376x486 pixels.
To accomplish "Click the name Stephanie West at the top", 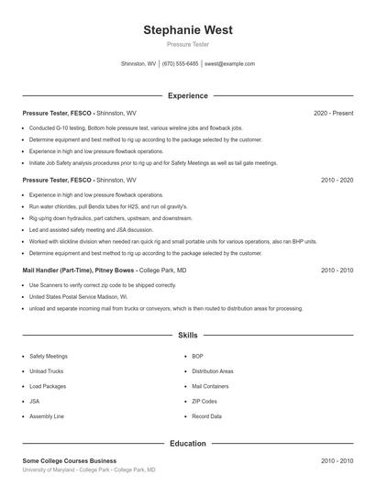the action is [188, 30].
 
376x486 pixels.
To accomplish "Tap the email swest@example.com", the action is [229, 64].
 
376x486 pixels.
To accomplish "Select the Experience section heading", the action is [188, 95].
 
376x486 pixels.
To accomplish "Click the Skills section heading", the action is [188, 337].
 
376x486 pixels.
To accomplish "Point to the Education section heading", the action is [188, 444].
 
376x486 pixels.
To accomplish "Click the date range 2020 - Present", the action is [333, 113].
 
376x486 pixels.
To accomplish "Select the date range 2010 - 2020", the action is [337, 181].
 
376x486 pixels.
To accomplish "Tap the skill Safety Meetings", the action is [49, 356].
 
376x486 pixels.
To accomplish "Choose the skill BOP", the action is [197, 356].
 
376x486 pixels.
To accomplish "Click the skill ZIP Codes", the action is [205, 402].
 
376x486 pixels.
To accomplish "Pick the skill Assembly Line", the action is [47, 416].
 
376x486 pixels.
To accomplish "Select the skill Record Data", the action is [206, 416].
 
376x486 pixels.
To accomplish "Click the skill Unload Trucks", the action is [46, 371].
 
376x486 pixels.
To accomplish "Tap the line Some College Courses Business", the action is [69, 460].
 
